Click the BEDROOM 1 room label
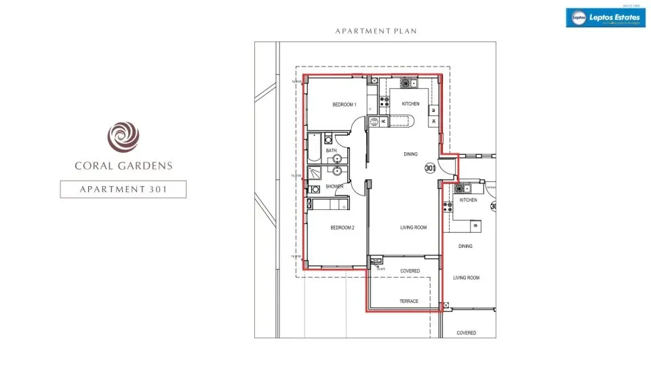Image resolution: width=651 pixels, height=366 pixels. pos(344,105)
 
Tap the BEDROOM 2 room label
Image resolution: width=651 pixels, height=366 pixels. pos(342,228)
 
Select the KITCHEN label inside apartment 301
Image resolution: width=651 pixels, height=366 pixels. pos(410,104)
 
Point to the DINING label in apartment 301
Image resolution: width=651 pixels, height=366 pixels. pos(410,154)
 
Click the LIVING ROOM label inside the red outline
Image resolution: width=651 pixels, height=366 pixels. pos(413,228)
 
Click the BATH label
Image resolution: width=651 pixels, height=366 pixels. pos(331,151)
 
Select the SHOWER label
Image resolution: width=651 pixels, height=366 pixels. pos(334,187)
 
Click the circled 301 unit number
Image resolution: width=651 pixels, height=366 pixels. pos(429,168)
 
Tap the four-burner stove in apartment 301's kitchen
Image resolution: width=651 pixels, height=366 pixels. pos(384,102)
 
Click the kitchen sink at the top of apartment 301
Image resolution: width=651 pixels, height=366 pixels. pos(408,84)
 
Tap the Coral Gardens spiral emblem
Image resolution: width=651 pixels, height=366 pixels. pos(123,135)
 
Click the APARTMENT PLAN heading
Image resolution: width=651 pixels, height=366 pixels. pos(375,31)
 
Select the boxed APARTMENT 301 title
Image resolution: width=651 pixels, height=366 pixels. pos(123,189)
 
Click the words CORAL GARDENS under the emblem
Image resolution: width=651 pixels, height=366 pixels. pos(123,166)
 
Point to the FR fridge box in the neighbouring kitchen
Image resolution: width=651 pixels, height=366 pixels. pos(475,225)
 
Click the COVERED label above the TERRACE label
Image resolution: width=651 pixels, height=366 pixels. pos(410,271)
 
